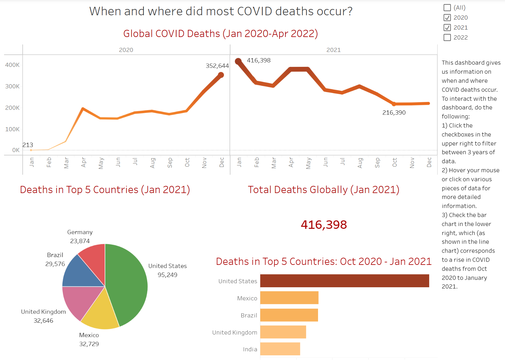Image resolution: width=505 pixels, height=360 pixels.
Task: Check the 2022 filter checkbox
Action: (447, 38)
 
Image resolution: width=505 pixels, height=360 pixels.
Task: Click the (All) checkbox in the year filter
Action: (447, 8)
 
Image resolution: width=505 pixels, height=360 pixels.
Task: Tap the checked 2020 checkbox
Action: (447, 18)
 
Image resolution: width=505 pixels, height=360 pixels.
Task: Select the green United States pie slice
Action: (129, 284)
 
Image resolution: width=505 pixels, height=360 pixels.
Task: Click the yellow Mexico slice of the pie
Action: (99, 314)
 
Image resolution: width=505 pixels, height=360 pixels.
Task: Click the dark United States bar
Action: (344, 281)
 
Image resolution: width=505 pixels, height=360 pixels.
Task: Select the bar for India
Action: (280, 349)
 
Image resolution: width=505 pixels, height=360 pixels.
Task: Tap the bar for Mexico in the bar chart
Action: (289, 298)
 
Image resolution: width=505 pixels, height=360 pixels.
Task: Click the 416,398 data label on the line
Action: (259, 61)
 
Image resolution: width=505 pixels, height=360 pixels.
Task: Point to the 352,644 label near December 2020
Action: (217, 66)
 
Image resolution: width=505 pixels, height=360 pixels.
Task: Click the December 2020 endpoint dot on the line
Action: (221, 75)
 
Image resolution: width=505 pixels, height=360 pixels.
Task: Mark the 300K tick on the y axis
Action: (12, 86)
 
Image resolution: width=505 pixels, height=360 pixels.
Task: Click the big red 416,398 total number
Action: (324, 225)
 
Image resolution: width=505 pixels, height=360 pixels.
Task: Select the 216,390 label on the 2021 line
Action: (394, 113)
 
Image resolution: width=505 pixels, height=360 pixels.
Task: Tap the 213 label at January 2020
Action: (28, 145)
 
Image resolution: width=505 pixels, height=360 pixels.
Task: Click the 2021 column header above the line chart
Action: (334, 50)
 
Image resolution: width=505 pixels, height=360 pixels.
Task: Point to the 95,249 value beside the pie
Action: (167, 275)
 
